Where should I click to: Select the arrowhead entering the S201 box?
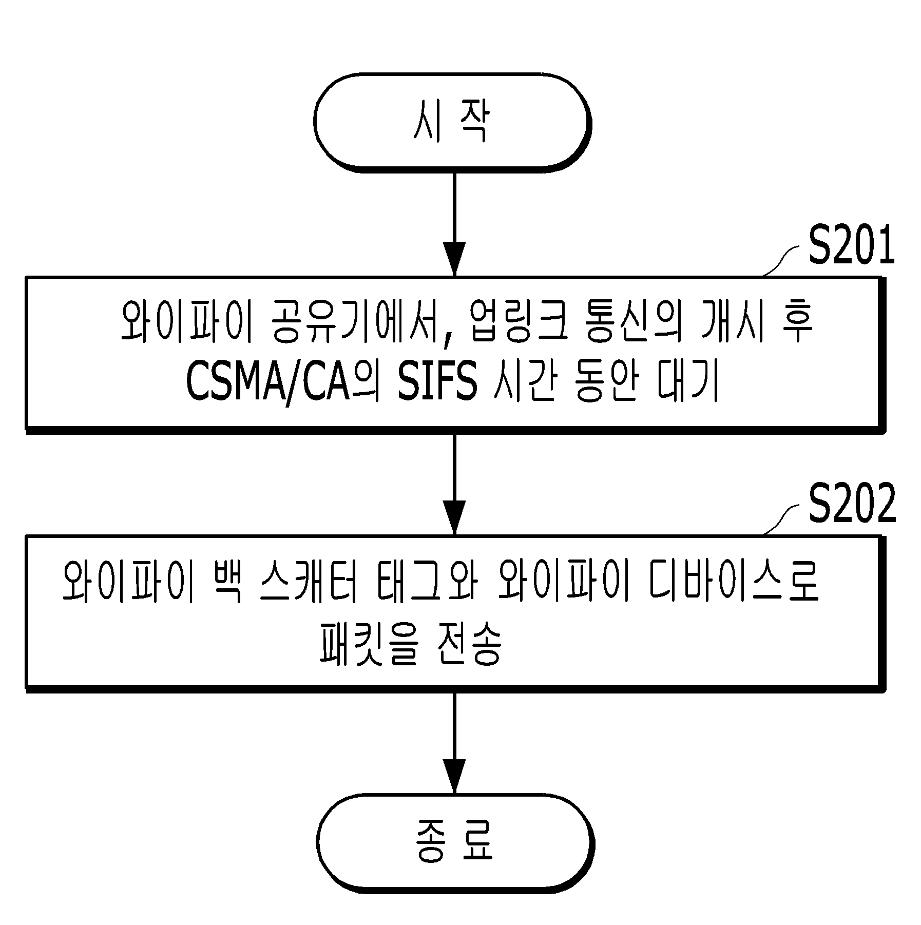454,259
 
